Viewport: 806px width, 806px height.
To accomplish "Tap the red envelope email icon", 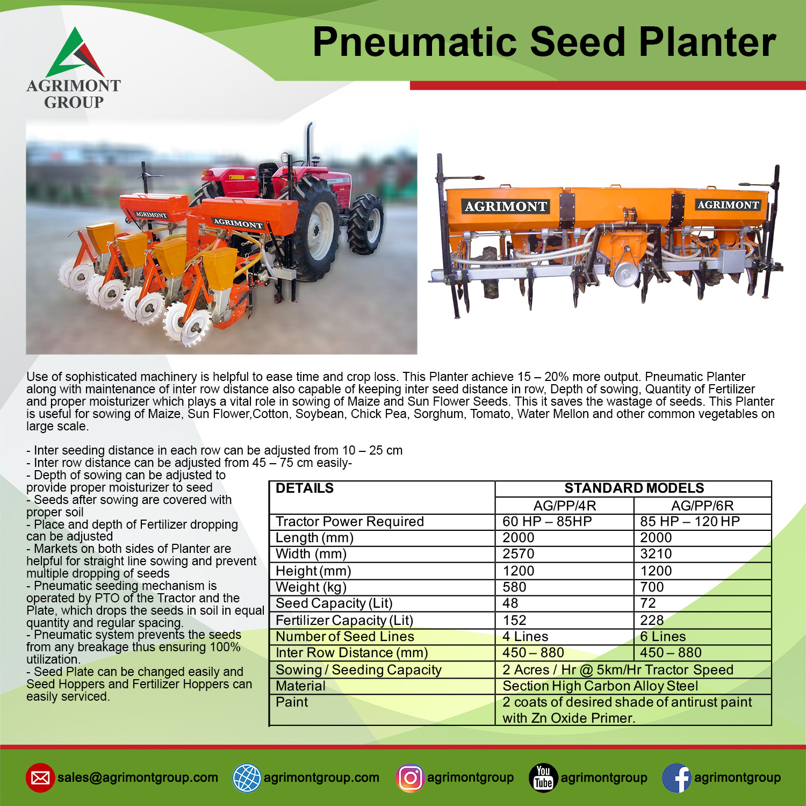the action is pos(40,778).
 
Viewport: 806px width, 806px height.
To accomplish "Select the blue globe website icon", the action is pos(247,778).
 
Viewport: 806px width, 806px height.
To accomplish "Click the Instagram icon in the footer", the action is pos(410,778).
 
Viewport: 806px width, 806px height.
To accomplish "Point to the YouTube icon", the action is pos(543,778).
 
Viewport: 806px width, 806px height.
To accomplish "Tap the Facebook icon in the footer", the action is pos(677,778).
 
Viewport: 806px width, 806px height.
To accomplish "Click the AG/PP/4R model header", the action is pos(565,506).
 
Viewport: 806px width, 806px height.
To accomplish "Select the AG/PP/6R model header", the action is pos(702,506).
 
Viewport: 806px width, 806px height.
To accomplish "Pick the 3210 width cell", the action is pos(656,554).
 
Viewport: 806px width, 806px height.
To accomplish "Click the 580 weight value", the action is pos(514,587).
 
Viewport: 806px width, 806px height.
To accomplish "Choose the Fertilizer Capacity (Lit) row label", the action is pos(344,620).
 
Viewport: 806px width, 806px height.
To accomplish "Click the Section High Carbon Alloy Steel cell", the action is pos(600,686).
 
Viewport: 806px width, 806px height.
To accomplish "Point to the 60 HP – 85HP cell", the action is pos(547,521).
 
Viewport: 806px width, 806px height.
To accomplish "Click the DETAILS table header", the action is pos(305,488).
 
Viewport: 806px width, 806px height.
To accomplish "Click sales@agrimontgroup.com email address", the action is pos(138,778).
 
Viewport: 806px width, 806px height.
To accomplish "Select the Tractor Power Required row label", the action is pos(350,521).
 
